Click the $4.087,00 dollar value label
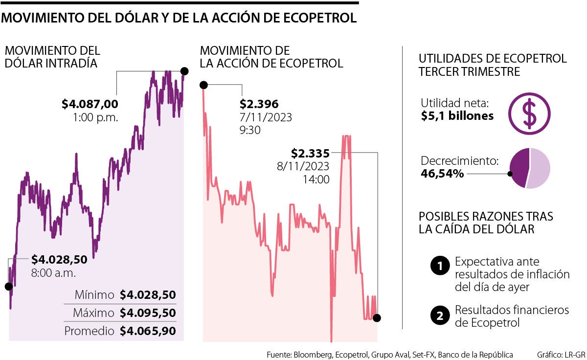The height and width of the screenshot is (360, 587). (x=90, y=104)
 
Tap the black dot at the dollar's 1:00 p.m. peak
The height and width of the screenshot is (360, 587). (x=184, y=71)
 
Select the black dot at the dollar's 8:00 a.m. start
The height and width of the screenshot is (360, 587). (x=8, y=287)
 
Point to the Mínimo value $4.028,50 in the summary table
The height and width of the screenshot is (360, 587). (x=148, y=295)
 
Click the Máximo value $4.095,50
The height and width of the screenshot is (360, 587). (x=148, y=313)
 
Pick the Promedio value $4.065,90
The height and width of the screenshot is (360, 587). (x=148, y=331)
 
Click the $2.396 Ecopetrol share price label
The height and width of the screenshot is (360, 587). (x=259, y=104)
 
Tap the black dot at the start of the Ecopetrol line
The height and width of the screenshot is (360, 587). (x=204, y=85)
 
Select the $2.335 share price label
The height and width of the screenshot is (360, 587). (x=310, y=153)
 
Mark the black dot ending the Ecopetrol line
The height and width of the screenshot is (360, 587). (x=376, y=318)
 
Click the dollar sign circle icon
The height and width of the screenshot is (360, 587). (x=529, y=114)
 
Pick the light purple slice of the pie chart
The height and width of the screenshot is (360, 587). (x=540, y=168)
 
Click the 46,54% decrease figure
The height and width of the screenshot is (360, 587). (x=442, y=173)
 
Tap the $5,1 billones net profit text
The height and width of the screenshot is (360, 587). (x=457, y=116)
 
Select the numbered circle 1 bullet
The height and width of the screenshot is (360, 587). (x=440, y=267)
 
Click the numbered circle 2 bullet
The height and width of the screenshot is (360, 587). (x=440, y=316)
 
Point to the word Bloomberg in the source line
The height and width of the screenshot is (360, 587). (x=312, y=354)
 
